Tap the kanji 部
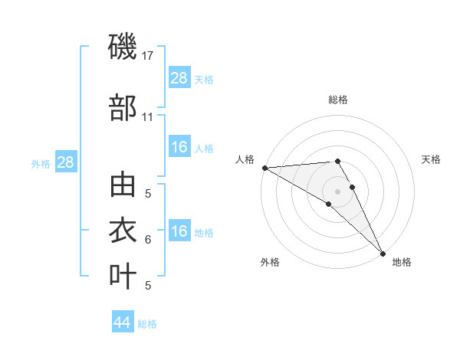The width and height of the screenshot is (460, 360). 123,108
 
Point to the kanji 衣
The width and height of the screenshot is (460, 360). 123,231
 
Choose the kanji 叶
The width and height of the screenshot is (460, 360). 123,276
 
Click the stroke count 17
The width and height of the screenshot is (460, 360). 149,56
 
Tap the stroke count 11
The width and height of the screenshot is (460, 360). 148,117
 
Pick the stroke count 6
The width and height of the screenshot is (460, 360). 148,240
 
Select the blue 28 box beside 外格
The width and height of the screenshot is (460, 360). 65,162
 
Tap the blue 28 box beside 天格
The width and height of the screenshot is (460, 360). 179,78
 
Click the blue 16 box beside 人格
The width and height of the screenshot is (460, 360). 179,147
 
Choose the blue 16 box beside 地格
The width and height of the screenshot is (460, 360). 179,231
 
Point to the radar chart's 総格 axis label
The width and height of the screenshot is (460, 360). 338,100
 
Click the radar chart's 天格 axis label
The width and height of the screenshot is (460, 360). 432,159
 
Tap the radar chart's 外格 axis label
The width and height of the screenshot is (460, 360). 270,262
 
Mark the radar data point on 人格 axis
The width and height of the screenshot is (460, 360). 264,168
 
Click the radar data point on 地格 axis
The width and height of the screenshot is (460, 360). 383,253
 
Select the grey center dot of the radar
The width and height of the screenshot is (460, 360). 337,191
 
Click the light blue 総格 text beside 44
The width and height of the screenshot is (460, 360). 147,324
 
